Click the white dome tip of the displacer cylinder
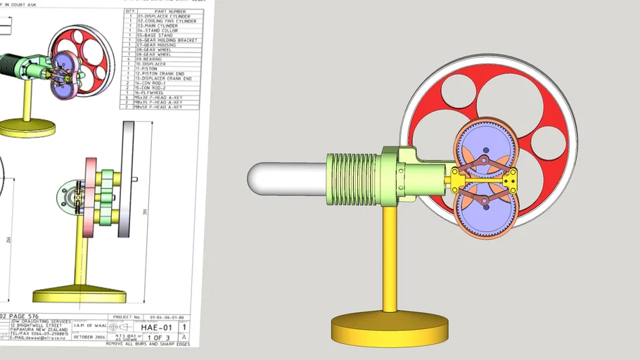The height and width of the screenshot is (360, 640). tap(262, 179)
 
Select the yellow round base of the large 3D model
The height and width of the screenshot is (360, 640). tap(390, 328)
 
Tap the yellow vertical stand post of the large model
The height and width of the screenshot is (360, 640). tap(390, 260)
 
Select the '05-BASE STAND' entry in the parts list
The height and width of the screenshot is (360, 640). tap(153, 35)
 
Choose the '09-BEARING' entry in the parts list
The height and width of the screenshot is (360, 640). tap(151, 58)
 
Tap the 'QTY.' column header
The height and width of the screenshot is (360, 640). tap(129, 11)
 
